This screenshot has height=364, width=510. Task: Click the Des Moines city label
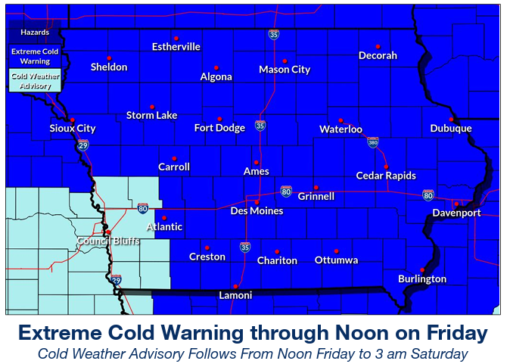click(x=257, y=211)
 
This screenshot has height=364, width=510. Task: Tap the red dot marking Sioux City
click(x=72, y=120)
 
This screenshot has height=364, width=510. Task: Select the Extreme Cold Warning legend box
click(x=34, y=55)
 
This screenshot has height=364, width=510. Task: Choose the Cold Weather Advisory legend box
click(x=34, y=81)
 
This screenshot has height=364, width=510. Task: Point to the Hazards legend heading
click(x=34, y=33)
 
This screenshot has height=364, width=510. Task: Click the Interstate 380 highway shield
click(x=372, y=142)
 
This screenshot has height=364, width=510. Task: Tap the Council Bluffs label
click(x=108, y=241)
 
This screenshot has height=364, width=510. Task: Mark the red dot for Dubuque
click(x=451, y=119)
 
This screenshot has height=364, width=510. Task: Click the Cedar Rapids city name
click(x=386, y=176)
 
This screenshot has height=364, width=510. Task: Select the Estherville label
click(x=176, y=47)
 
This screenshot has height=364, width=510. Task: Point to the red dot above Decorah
click(x=377, y=46)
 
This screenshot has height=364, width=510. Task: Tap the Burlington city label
click(x=422, y=279)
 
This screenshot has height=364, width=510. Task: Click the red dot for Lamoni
click(x=236, y=286)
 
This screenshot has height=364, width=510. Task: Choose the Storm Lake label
click(x=151, y=115)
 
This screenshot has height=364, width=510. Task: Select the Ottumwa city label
click(x=336, y=260)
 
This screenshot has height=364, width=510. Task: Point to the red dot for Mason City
click(x=285, y=61)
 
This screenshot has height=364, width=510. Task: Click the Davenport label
click(x=456, y=213)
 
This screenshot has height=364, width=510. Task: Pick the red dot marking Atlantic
click(x=164, y=217)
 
